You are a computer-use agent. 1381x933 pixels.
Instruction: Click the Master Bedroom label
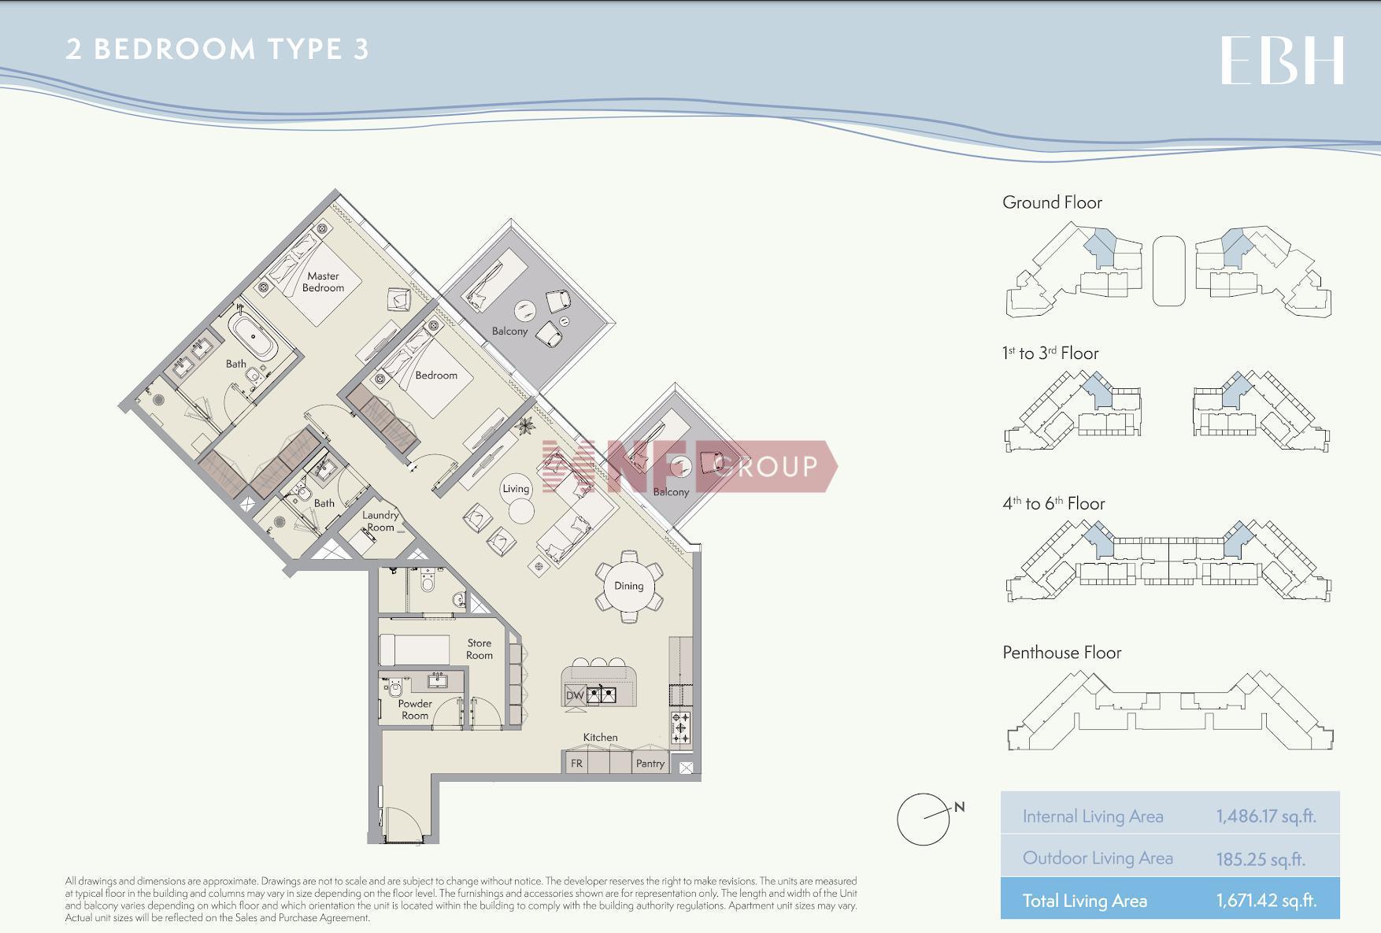(324, 282)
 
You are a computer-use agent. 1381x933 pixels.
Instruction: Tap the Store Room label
(479, 649)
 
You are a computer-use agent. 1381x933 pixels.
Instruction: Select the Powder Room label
(415, 709)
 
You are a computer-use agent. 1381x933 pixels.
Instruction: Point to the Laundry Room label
(380, 521)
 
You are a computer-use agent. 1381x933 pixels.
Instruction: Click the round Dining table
(628, 586)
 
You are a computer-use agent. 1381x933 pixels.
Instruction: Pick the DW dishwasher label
(575, 695)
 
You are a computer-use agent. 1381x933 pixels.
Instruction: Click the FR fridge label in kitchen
(577, 763)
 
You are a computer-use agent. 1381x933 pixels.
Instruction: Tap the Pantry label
(650, 763)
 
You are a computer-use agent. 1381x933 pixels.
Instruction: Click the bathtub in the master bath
(253, 336)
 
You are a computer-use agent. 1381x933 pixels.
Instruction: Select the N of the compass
(959, 806)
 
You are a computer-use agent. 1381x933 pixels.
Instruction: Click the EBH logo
(1282, 61)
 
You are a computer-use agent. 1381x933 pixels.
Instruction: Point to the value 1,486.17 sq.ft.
(1266, 816)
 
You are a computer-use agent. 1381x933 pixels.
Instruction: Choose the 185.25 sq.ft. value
(1261, 858)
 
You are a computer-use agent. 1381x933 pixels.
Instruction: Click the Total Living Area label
(1085, 901)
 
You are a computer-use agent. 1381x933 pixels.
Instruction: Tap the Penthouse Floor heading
(1062, 652)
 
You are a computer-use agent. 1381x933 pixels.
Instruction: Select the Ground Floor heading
(1052, 202)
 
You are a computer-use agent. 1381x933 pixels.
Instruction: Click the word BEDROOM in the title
(175, 49)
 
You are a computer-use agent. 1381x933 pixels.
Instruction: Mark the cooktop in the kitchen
(681, 727)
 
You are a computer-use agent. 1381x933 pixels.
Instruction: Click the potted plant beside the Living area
(525, 427)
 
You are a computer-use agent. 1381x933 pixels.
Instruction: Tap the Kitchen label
(600, 737)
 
